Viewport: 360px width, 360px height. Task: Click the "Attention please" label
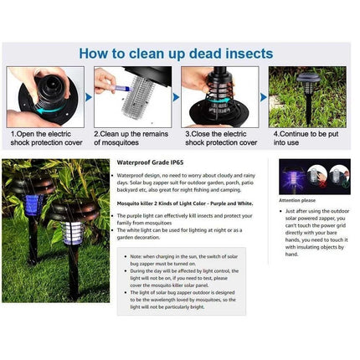tap(296, 201)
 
